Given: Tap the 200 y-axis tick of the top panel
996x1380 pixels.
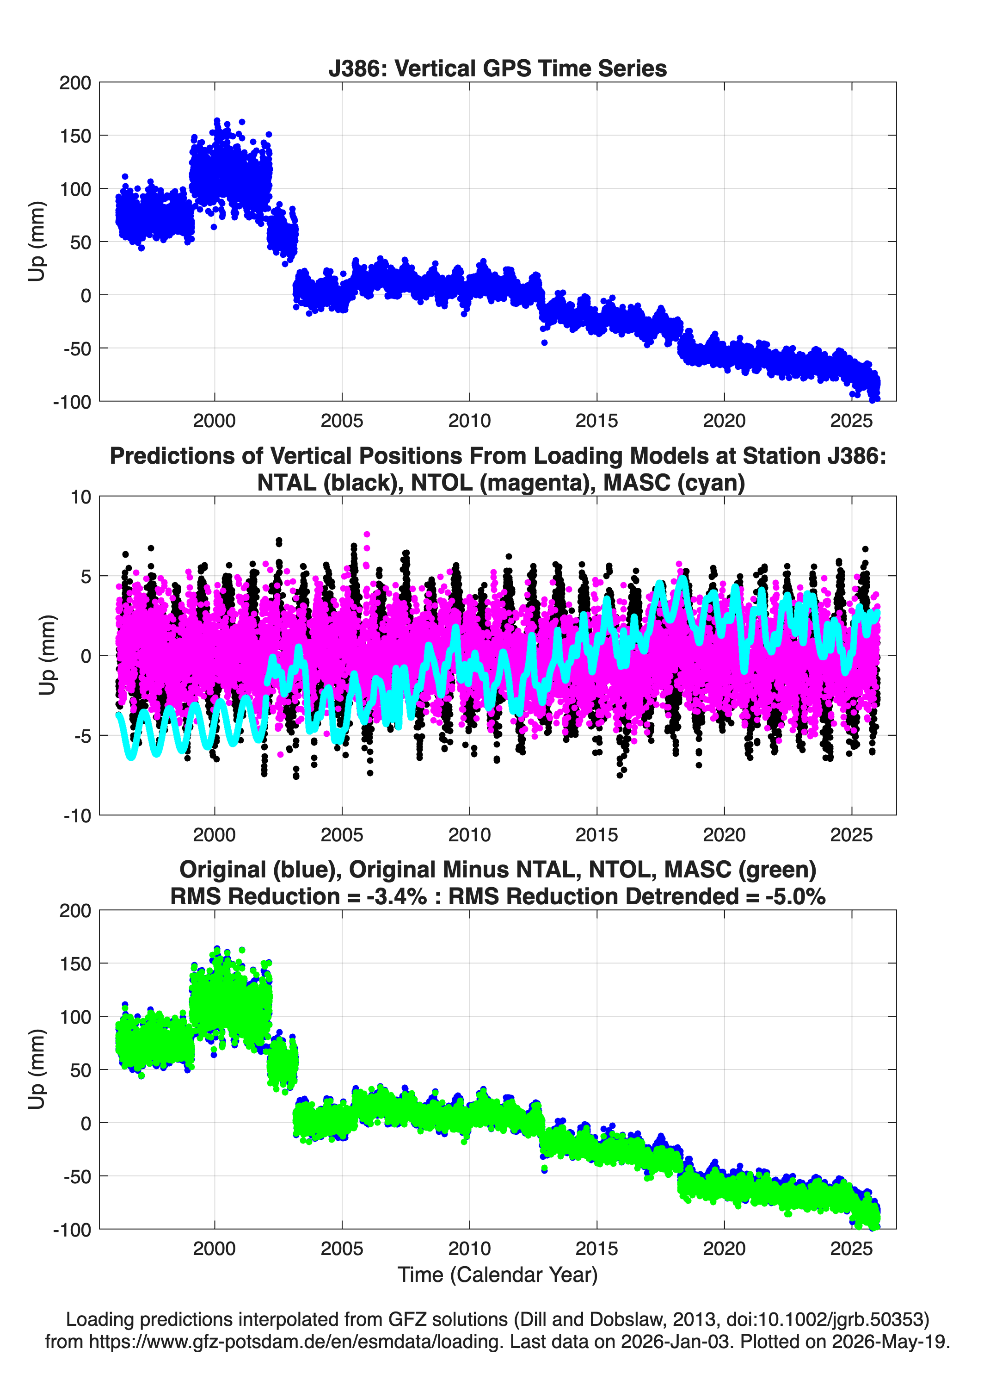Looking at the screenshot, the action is click(75, 83).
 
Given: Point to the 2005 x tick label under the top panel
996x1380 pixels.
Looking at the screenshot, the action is click(342, 421).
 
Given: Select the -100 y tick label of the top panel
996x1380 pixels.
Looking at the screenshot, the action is click(72, 402).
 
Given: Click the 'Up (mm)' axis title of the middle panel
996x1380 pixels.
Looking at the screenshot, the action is click(47, 655).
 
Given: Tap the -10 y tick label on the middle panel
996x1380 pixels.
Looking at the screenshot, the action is click(77, 815).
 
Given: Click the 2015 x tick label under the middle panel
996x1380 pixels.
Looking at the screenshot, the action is click(596, 834).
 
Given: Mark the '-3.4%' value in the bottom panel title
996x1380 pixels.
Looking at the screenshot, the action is click(396, 896).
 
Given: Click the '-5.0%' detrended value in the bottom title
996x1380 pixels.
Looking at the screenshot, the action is click(795, 896).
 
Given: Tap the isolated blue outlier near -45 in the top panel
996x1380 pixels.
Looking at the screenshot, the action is click(544, 342).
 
